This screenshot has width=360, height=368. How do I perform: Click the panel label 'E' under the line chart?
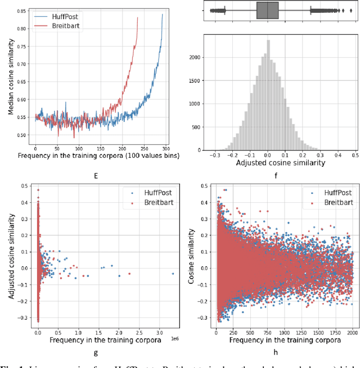click(96, 176)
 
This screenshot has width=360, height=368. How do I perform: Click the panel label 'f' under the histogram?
click(269, 176)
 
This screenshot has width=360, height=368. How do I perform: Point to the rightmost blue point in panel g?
click(172, 274)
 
